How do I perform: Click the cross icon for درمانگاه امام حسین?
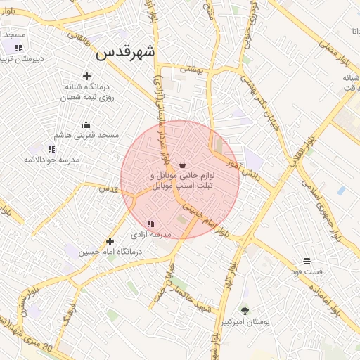tap(110, 241)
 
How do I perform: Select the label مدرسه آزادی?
tap(150, 234)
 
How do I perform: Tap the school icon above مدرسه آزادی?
tap(150, 224)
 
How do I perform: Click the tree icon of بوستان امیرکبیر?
tap(245, 310)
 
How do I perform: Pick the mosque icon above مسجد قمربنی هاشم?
tap(86, 124)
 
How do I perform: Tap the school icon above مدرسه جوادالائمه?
tap(51, 149)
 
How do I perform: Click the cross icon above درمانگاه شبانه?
tap(87, 76)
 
